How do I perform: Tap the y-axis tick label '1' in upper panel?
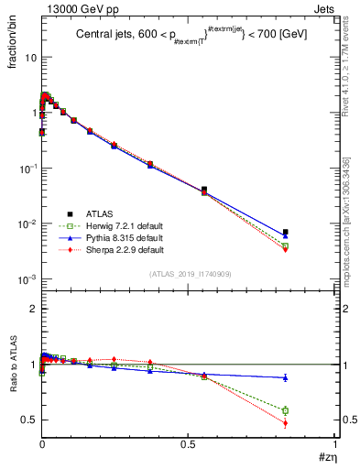click(32, 113)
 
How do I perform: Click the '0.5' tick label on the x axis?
click(188, 444)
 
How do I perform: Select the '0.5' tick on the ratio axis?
click(27, 420)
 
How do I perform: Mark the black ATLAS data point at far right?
click(285, 232)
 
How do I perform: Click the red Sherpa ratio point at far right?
click(285, 423)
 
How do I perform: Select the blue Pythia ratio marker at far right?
click(285, 377)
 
